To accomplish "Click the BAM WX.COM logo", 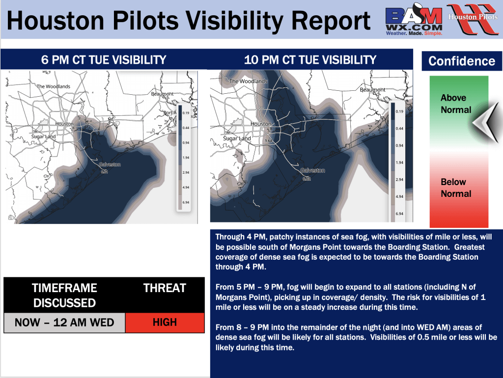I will coord(414,20).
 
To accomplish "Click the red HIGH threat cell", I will coord(165,323).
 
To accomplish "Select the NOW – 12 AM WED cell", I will coord(64,323).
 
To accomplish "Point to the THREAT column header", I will coord(165,288).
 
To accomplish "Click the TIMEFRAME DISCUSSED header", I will coord(64,295).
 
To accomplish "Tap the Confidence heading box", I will coord(461,61).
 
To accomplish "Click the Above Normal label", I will coord(455,104).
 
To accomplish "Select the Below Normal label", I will coord(455,188).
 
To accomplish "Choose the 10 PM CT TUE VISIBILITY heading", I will coord(310,60).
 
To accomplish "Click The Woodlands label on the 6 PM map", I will coord(54,86).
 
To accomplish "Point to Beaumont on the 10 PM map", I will coord(373,90).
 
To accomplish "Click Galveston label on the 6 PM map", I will coord(110,164).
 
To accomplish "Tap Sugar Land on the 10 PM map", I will coord(237,138).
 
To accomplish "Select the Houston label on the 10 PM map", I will coord(260,124).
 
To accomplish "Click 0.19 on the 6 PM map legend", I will coord(187,112).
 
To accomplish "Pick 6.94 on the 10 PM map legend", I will coord(399,214).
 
